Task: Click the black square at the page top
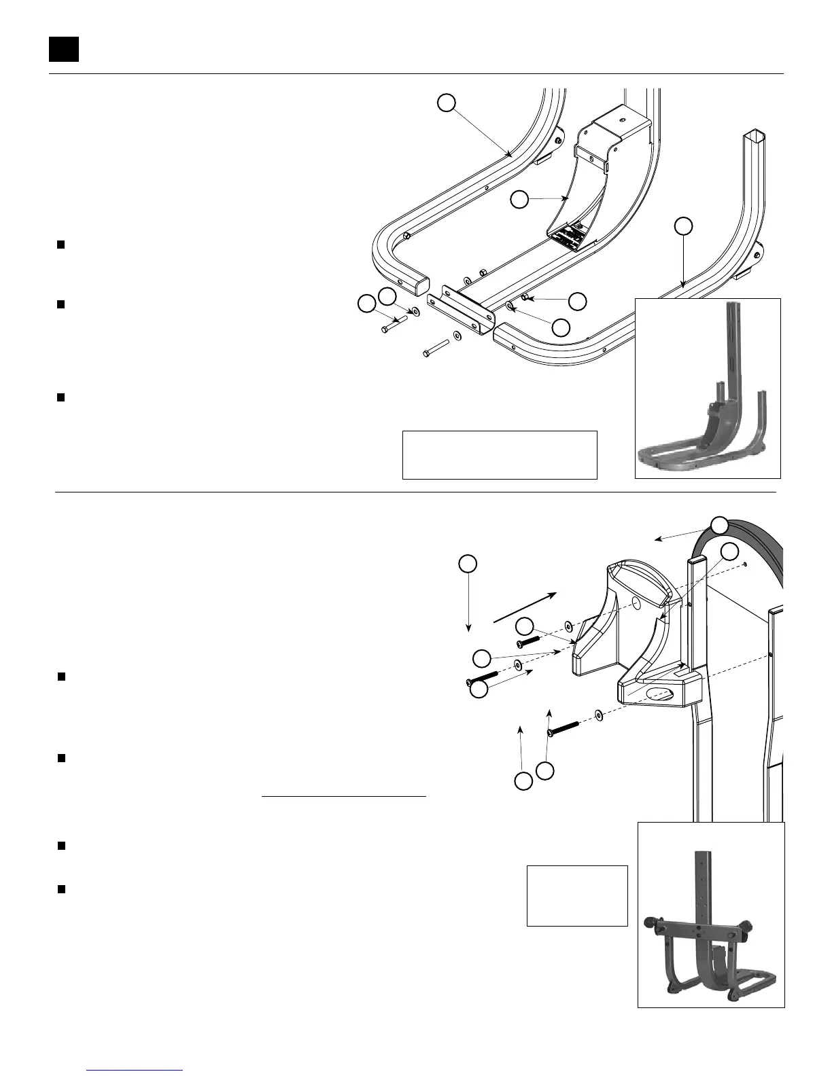pos(64,49)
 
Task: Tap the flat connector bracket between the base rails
pos(457,309)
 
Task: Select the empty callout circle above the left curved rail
pos(446,103)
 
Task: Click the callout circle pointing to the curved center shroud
pos(519,200)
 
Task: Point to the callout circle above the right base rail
pos(684,226)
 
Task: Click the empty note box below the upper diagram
pos(500,454)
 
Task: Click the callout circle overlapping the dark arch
pos(720,524)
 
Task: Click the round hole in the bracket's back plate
pos(636,603)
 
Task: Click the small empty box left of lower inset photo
pos(577,895)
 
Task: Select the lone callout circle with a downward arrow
pos(467,564)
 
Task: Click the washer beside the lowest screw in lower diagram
pos(599,715)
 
